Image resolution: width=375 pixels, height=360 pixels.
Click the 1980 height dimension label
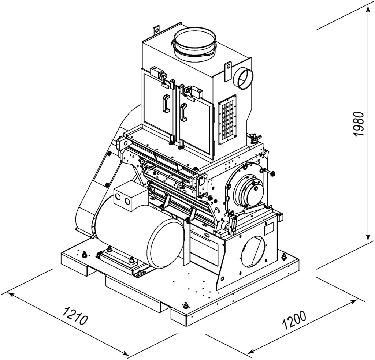[x=359, y=124]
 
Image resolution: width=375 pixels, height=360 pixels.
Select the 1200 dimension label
[x=294, y=320]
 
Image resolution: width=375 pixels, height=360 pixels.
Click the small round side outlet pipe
[x=242, y=79]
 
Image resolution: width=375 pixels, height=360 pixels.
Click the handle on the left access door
[x=166, y=103]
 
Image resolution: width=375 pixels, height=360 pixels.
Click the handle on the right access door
[x=184, y=112]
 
